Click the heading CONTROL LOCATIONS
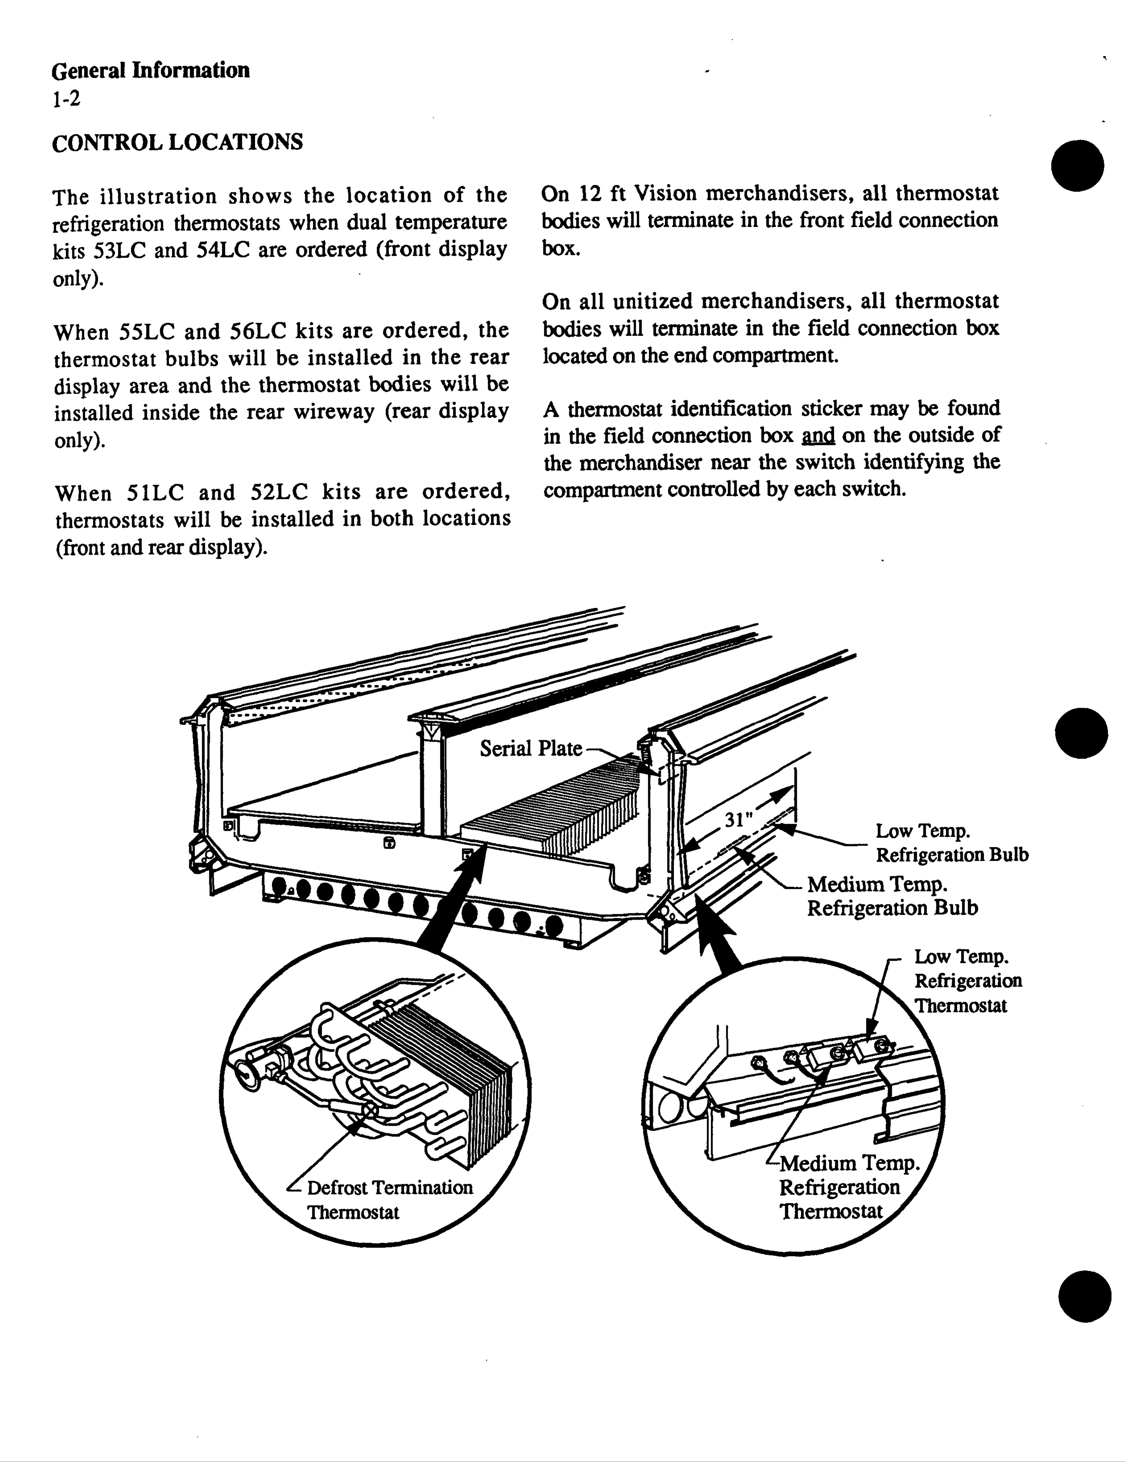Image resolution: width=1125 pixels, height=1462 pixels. pos(177,143)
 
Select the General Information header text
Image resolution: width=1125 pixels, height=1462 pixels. pos(151,70)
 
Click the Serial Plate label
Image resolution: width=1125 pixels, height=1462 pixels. pos(531,749)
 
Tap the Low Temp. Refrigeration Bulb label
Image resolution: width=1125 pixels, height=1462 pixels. pos(951,843)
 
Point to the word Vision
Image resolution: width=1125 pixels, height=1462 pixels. pos(666,193)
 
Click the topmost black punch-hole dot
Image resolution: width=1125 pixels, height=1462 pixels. pos(1078,165)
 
